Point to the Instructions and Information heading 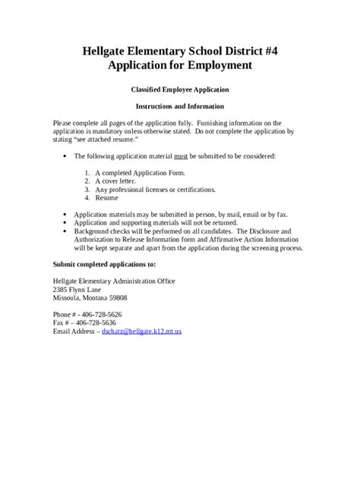[179, 106]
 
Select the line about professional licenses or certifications [155, 189]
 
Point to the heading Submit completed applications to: [104, 264]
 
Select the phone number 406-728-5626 [101, 314]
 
